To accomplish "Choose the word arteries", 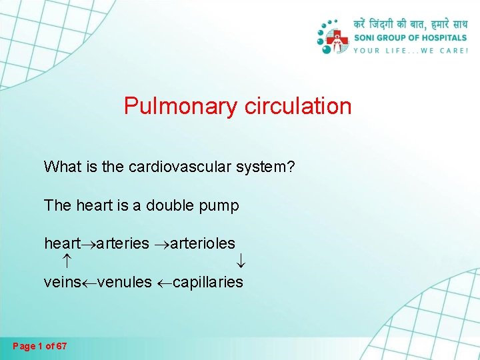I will click(x=123, y=244).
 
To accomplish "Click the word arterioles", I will click(x=203, y=244).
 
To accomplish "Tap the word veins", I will click(x=61, y=283).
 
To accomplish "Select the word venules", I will click(x=125, y=283).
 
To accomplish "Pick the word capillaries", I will click(x=208, y=283).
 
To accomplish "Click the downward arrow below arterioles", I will click(x=241, y=263).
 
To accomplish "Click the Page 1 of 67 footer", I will click(x=40, y=347).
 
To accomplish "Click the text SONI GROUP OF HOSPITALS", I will click(x=410, y=38).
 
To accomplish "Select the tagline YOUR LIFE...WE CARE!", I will click(x=410, y=51).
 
